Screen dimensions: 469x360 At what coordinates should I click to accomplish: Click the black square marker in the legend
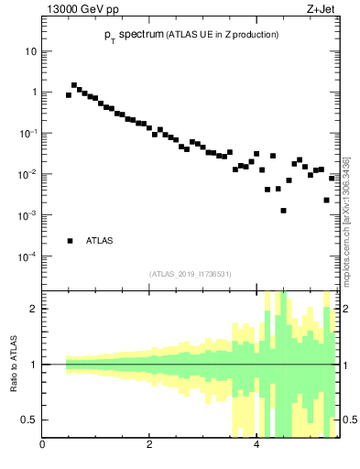pos(70,241)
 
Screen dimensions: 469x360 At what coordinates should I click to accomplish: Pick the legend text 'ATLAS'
pos(99,241)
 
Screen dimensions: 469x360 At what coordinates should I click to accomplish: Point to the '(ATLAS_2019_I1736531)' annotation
pos(191,274)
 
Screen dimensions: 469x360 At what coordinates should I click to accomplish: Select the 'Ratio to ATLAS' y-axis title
pos(14,364)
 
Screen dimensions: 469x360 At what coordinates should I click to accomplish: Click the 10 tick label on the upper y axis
pos(30,51)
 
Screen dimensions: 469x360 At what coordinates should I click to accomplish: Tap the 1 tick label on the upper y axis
pos(33,93)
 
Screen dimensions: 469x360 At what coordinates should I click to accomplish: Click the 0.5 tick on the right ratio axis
pos(349,420)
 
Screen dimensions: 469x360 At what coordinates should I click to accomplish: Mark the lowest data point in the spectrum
pos(283,211)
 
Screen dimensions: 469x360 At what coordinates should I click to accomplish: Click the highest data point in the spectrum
pos(74,85)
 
